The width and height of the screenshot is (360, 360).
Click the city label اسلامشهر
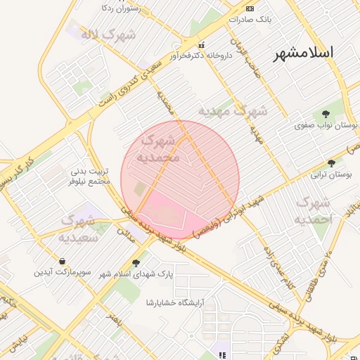(x=304, y=52)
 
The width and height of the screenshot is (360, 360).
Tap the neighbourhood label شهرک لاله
(x=98, y=34)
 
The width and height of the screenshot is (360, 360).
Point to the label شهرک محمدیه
(x=161, y=147)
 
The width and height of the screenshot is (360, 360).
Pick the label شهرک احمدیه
(x=312, y=211)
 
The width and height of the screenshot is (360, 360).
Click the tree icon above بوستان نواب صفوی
(x=325, y=113)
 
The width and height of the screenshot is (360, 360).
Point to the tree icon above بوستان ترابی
(x=330, y=161)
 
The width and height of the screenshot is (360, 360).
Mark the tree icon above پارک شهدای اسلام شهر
(x=173, y=266)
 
